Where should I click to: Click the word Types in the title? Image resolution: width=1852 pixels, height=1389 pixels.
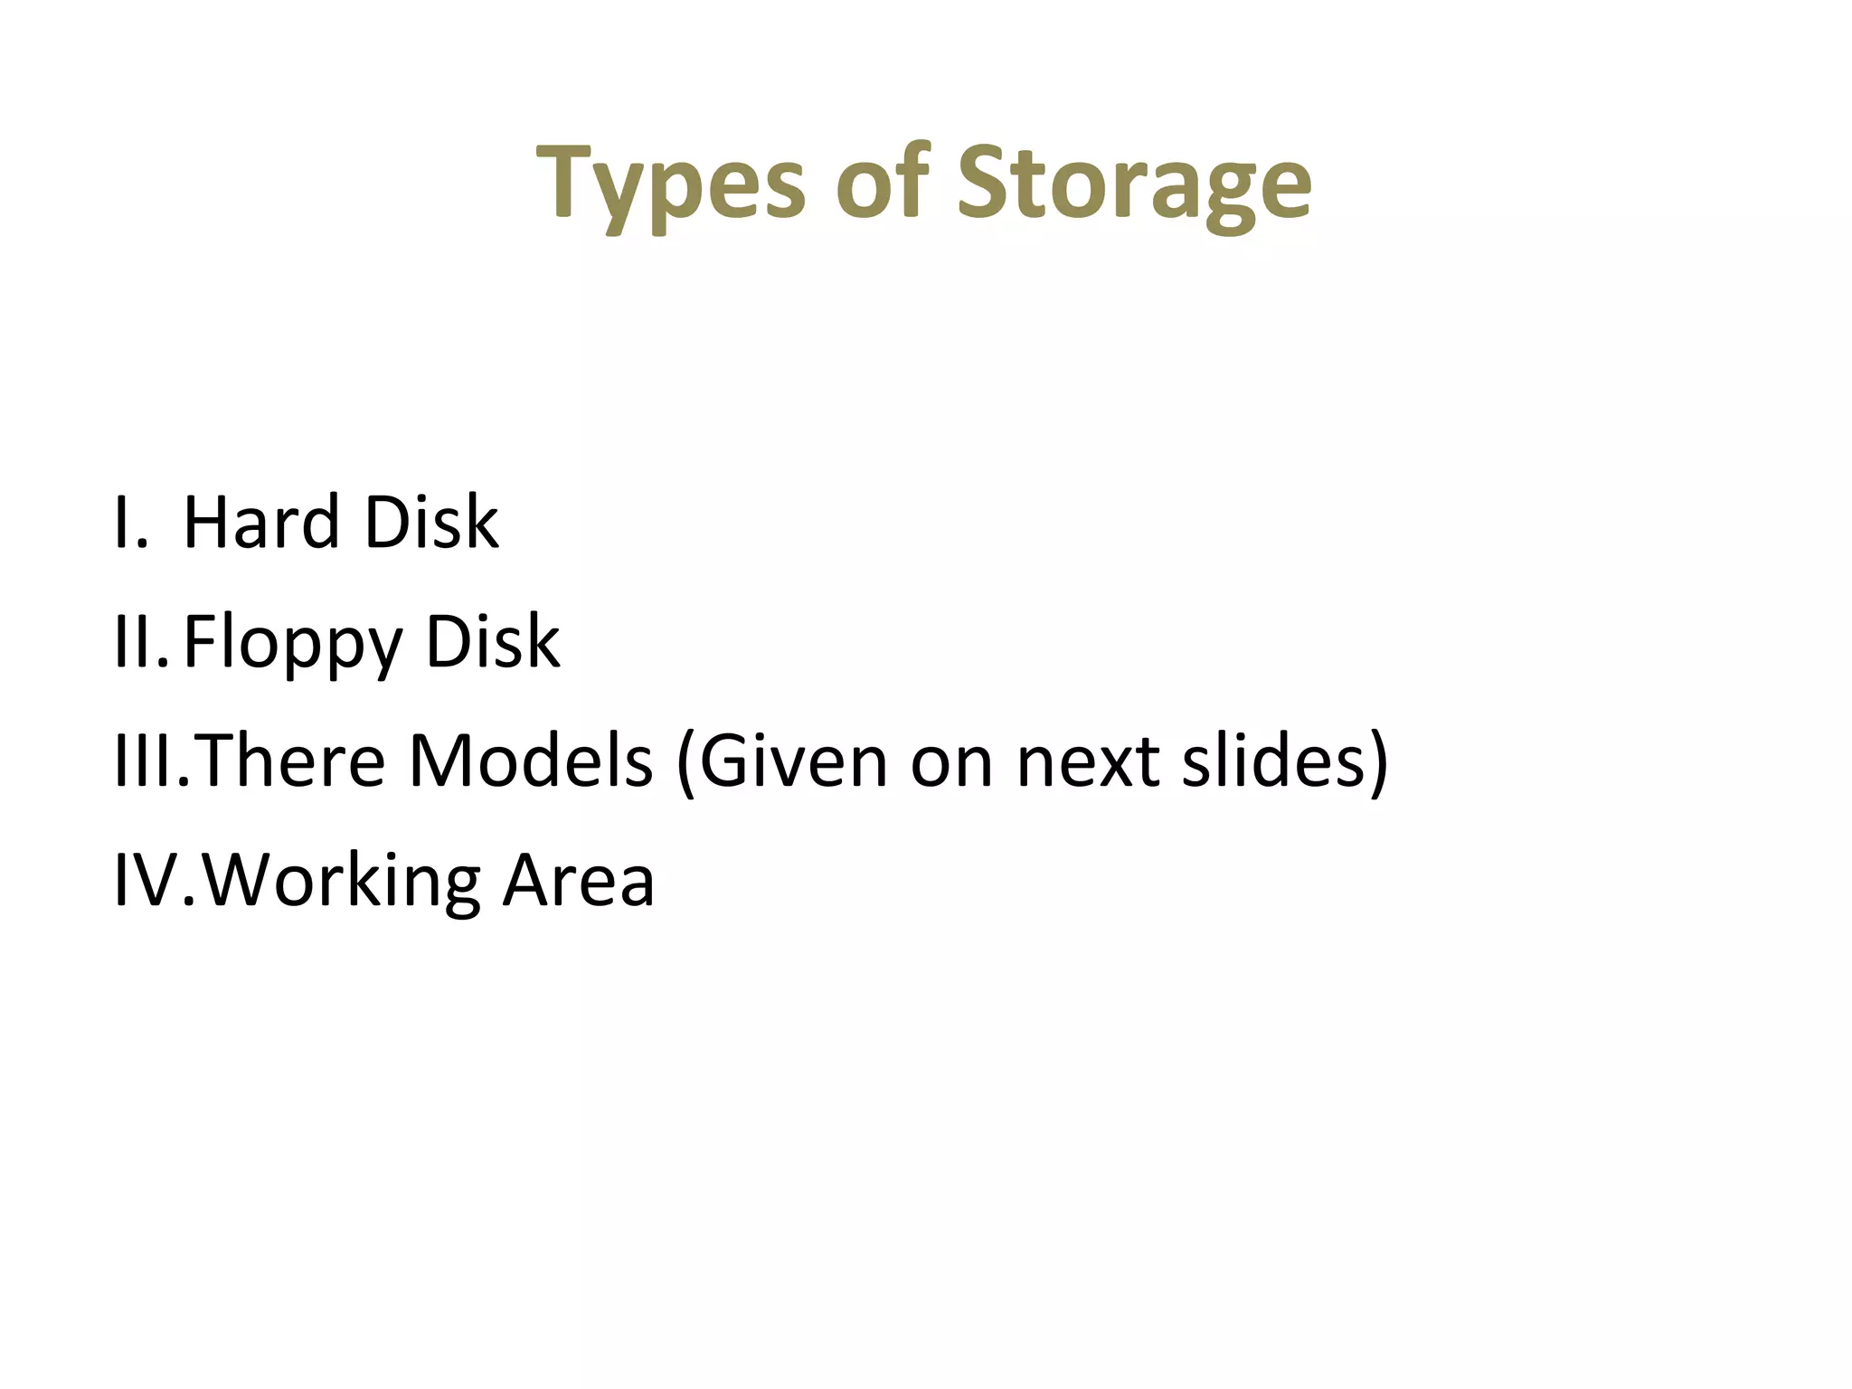[670, 185]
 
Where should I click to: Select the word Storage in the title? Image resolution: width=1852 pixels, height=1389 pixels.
[1133, 185]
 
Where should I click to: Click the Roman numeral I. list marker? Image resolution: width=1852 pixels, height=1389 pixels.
[130, 523]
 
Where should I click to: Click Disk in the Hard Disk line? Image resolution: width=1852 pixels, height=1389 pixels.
[431, 523]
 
